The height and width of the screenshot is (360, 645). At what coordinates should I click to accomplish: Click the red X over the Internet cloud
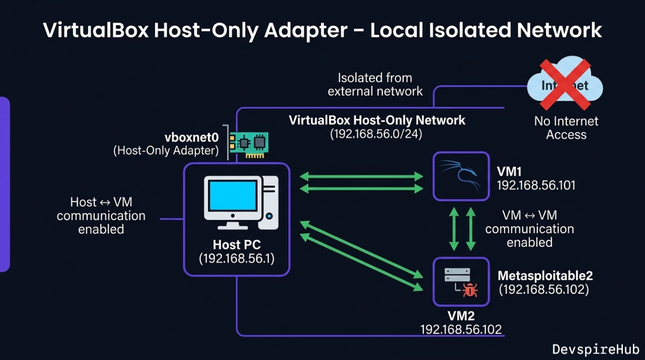pos(565,85)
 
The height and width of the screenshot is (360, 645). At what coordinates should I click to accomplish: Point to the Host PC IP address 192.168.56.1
pos(237,259)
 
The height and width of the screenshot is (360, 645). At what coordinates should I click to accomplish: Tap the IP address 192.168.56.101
pos(536,185)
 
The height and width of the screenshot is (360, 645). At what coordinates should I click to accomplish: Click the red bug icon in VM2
pos(470,289)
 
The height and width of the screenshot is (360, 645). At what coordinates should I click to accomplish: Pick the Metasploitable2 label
pos(545,276)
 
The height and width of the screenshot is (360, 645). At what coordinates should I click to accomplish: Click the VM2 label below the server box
pos(461,316)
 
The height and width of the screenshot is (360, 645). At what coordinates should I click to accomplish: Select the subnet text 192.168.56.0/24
pos(376,135)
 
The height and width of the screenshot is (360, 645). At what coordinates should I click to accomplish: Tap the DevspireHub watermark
pos(596,349)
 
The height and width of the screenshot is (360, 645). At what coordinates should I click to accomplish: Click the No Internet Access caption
pos(566,128)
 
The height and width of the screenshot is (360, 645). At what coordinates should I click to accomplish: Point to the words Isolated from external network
pos(375,85)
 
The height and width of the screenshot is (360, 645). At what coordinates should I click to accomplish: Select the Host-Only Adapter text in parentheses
pos(166,150)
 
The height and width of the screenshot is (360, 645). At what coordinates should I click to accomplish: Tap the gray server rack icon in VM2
pos(457,275)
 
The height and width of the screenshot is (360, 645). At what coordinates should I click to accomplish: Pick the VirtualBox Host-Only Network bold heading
pos(377,121)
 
